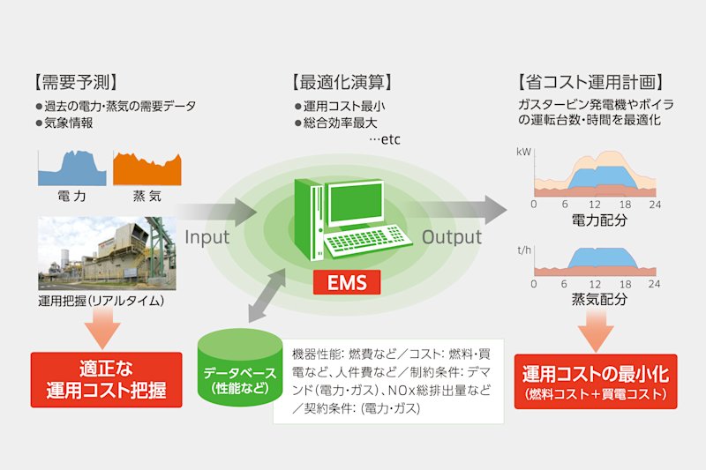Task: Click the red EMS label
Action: coord(347,282)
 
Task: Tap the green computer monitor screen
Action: coord(356,205)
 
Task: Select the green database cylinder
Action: coord(240,368)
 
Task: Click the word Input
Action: coord(207,237)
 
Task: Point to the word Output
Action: coord(452,237)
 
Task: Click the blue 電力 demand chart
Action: coord(72,168)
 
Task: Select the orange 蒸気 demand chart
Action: coord(147,168)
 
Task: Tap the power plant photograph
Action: coord(107,254)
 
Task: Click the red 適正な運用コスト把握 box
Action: coord(106,380)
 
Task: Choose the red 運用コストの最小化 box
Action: coord(596,382)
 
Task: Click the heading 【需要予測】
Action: coord(75,82)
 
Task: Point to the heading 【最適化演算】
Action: coord(342,82)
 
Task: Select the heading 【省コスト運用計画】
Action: coord(590,82)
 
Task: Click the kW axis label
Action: coord(523,152)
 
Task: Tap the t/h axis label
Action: coord(524,250)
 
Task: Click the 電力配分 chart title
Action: coord(599,220)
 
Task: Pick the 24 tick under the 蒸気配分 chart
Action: coord(654,284)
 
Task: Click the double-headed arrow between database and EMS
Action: coord(267,296)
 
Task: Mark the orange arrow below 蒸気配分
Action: coord(596,331)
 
